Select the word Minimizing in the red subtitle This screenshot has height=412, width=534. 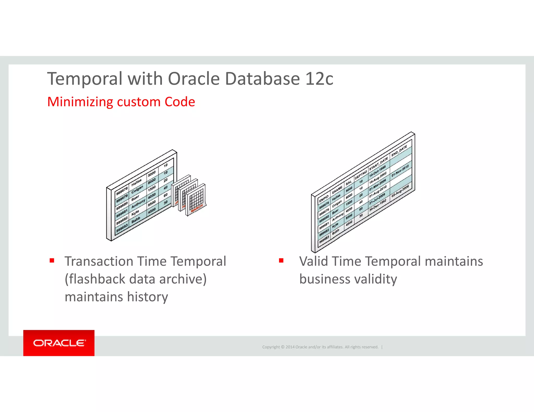[x=80, y=102]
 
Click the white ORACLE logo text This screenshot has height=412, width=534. [x=59, y=343]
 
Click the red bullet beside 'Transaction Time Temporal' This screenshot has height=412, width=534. [x=52, y=260]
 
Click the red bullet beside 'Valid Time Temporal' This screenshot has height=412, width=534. [x=281, y=260]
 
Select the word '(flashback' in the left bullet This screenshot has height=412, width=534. [x=95, y=279]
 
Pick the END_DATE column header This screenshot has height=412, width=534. [x=399, y=151]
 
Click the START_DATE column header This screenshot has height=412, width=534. [x=378, y=164]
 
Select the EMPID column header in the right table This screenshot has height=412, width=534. [x=324, y=199]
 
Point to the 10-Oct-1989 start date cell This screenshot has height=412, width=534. [x=377, y=171]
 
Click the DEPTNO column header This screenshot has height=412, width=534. [x=361, y=175]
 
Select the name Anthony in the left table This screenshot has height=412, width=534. [x=138, y=203]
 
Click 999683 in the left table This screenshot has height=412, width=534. [x=122, y=228]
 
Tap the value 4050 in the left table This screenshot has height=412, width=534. [x=152, y=195]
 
